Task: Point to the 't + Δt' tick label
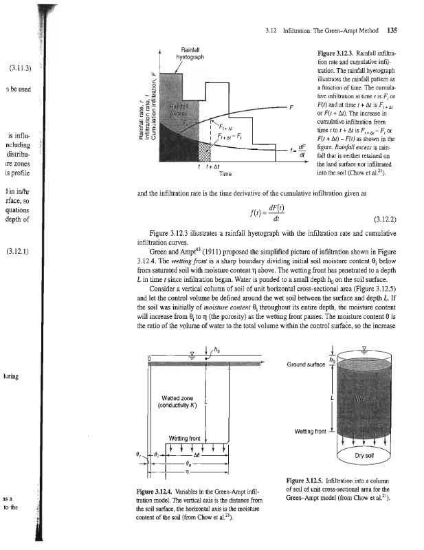tap(205, 167)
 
